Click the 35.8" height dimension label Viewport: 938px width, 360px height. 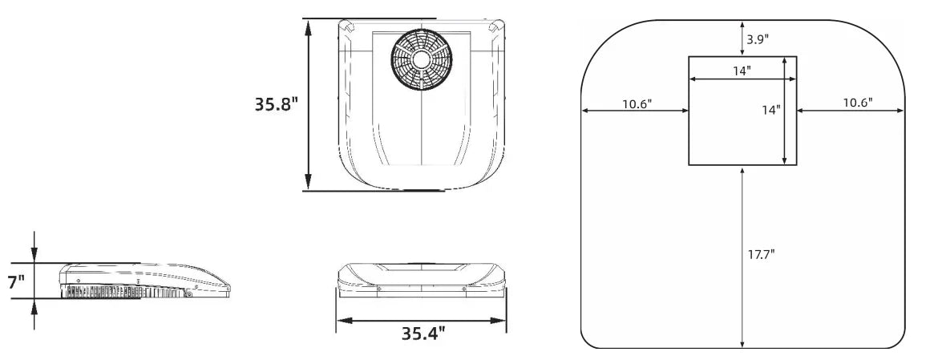pyautogui.click(x=277, y=105)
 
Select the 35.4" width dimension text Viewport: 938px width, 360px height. pyautogui.click(x=423, y=332)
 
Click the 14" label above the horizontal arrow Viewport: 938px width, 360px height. pyautogui.click(x=742, y=71)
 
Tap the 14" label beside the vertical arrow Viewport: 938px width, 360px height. pyautogui.click(x=770, y=110)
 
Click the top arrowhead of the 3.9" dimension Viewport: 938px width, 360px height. pyautogui.click(x=743, y=25)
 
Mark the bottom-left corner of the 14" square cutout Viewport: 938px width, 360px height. pyautogui.click(x=689, y=165)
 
